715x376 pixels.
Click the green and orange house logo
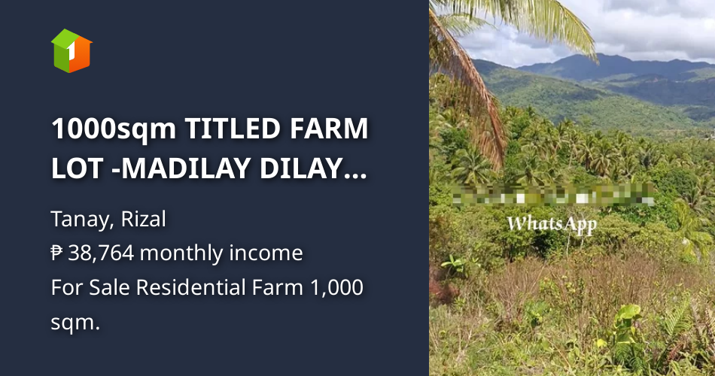71,50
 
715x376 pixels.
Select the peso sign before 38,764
57,253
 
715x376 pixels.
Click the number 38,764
102,253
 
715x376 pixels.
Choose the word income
269,253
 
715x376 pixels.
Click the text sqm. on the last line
75,322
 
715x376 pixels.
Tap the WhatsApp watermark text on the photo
552,223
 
